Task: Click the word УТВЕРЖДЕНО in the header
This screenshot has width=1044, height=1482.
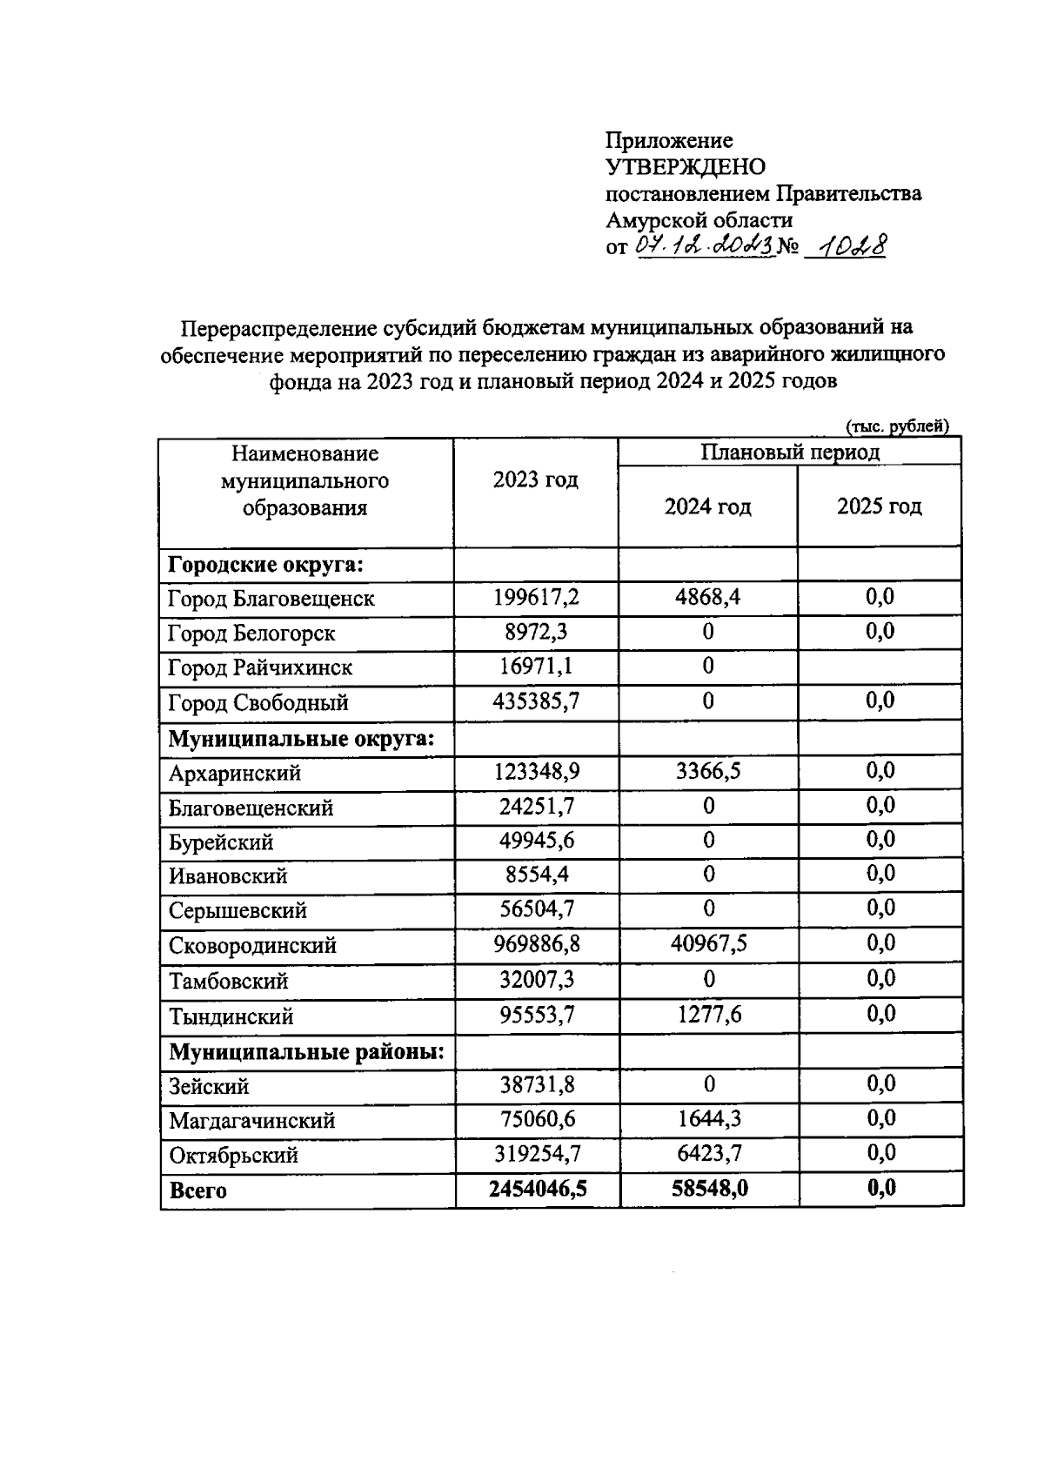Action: click(686, 167)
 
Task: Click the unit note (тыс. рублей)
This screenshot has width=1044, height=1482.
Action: click(897, 426)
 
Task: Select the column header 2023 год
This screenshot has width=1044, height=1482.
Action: click(535, 480)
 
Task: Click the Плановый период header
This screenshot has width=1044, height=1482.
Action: click(790, 453)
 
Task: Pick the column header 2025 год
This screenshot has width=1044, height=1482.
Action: click(879, 506)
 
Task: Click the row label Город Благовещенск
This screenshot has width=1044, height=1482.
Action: click(271, 599)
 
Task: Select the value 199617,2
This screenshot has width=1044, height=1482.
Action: click(536, 598)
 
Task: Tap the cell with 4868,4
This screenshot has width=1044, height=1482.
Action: click(707, 598)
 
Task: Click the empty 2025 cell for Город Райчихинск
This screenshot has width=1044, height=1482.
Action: click(879, 667)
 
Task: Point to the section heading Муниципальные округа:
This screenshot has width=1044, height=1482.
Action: click(300, 739)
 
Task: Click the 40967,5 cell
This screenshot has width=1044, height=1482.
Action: click(708, 944)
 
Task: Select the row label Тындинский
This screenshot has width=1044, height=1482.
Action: click(231, 1016)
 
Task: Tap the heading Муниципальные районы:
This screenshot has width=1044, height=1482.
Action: click(306, 1052)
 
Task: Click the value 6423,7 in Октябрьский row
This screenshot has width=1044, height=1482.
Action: click(709, 1154)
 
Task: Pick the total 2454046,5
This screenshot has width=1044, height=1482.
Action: click(537, 1189)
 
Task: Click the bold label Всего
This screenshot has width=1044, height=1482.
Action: click(197, 1190)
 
